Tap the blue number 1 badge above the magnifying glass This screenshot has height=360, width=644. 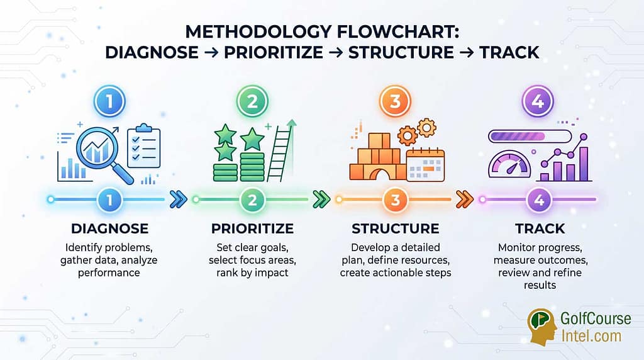click(x=109, y=101)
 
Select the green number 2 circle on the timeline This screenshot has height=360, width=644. click(x=252, y=200)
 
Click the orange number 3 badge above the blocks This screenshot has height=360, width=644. click(x=395, y=101)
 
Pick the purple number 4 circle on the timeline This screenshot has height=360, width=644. click(x=539, y=200)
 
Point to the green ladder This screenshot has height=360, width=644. click(x=282, y=150)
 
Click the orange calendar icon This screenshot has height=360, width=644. click(x=426, y=166)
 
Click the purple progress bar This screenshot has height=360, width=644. click(x=530, y=136)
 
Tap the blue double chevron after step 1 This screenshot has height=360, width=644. click(x=178, y=200)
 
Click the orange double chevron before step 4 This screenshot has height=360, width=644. click(x=465, y=200)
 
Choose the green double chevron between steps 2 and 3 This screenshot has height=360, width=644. click(x=321, y=200)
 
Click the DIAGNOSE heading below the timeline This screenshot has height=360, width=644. click(x=109, y=228)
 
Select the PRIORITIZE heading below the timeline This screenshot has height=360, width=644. click(x=252, y=228)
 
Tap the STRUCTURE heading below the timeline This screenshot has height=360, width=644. click(x=395, y=228)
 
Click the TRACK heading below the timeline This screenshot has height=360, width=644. click(x=540, y=228)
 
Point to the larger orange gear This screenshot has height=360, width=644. click(x=408, y=135)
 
